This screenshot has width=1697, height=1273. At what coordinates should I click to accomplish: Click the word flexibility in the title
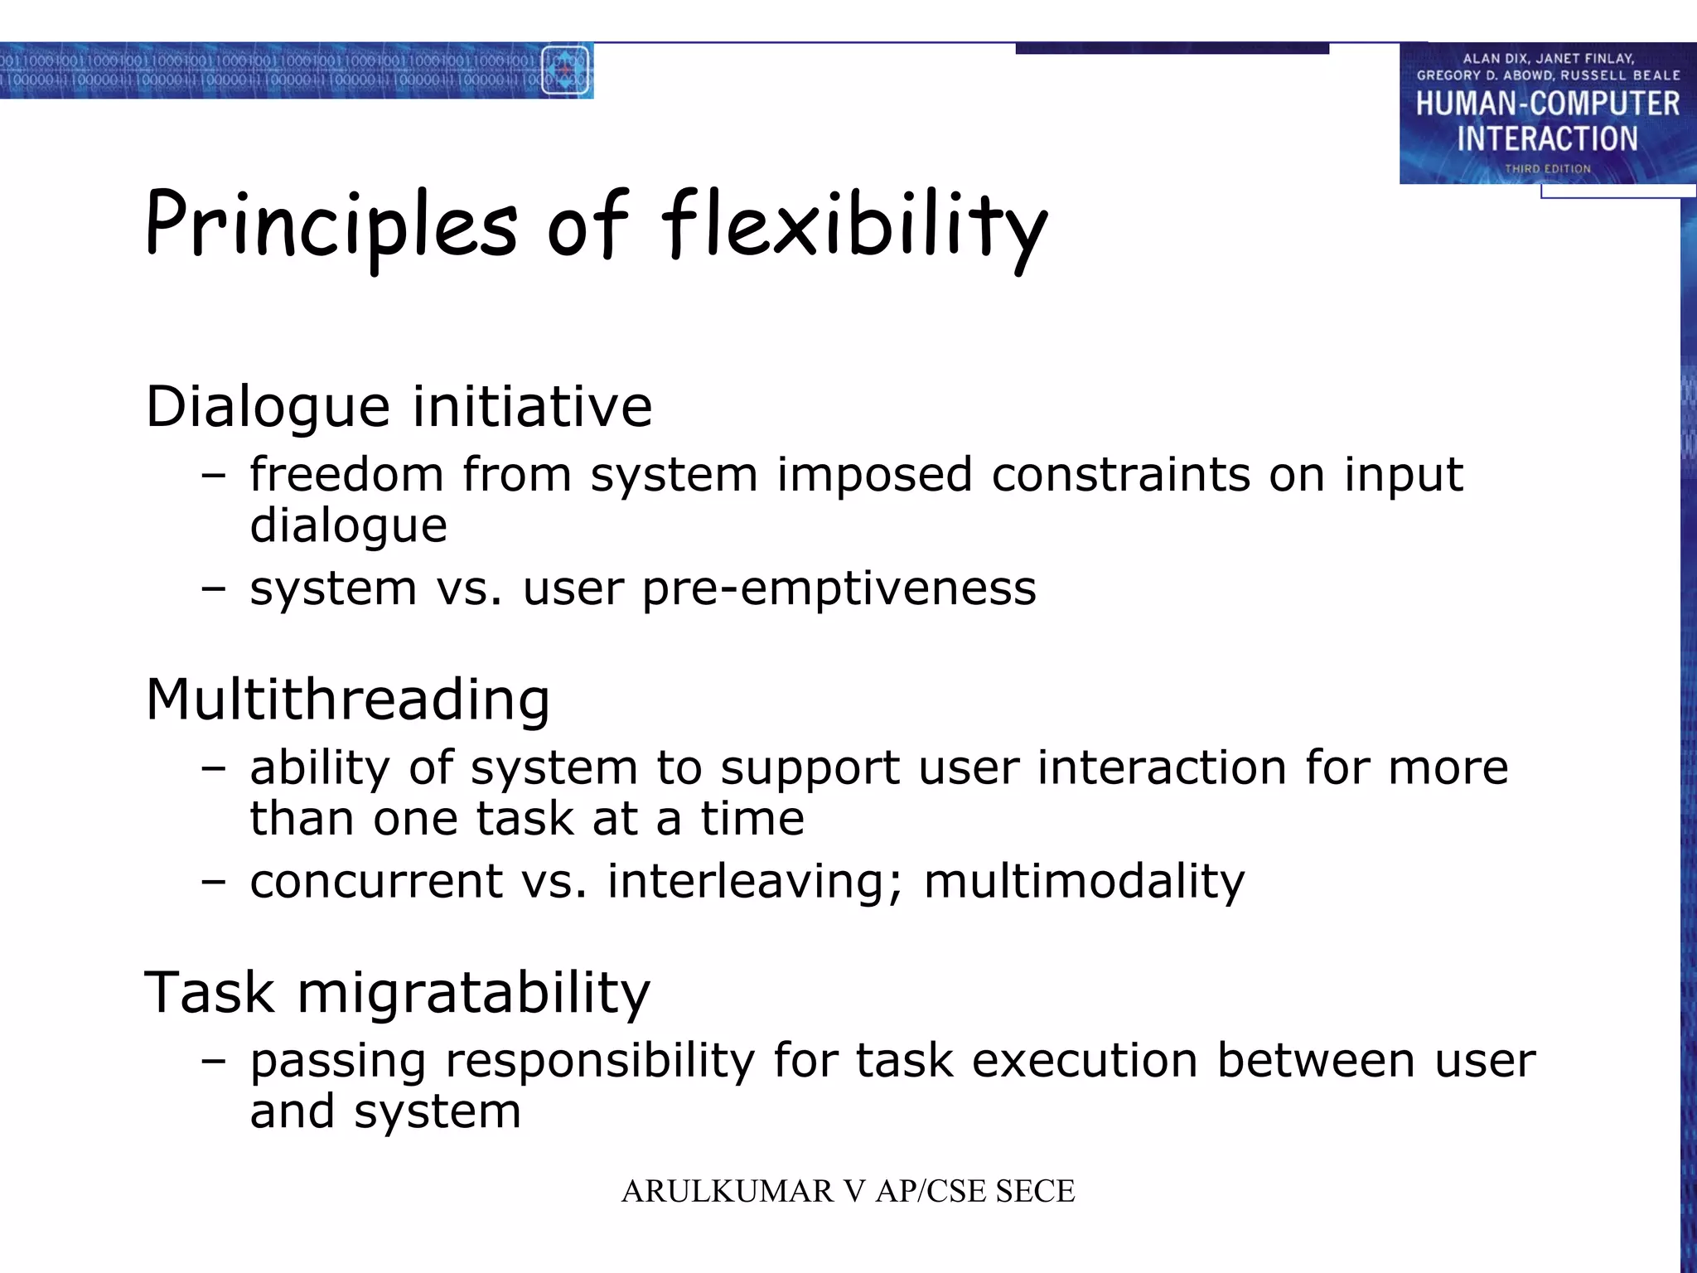point(853,225)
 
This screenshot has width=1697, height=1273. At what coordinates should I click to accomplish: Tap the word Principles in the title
point(331,225)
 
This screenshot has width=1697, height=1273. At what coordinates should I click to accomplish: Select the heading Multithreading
point(348,699)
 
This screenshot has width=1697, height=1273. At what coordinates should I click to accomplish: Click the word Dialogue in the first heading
point(267,408)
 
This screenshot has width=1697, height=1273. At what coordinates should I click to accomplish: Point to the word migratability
point(474,993)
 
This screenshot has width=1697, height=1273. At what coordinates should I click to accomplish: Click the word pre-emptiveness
point(839,589)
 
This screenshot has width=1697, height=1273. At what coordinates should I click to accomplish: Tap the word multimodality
point(1084,881)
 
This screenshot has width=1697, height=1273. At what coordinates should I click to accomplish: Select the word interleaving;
point(754,881)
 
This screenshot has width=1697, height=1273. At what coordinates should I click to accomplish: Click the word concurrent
point(375,881)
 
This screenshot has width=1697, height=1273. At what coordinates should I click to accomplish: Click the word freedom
point(346,476)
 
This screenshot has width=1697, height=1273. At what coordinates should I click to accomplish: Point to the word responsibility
point(600,1062)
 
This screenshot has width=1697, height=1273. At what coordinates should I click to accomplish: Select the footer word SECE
point(1035,1192)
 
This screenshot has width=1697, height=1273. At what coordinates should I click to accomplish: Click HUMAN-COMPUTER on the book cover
point(1547,104)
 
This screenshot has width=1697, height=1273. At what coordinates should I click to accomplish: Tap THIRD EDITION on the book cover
point(1547,169)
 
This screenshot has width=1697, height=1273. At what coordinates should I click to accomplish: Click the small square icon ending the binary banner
point(565,70)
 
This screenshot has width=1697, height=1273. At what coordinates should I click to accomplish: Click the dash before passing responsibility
point(213,1062)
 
